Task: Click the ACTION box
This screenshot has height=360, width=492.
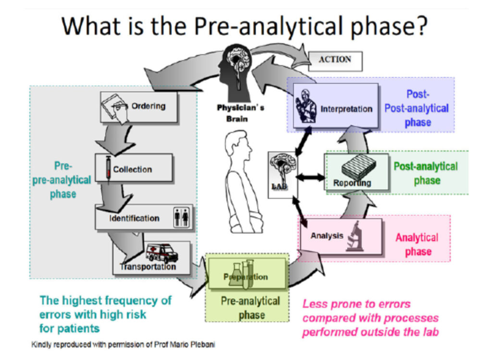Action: click(x=335, y=60)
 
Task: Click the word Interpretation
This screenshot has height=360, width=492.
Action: click(x=346, y=109)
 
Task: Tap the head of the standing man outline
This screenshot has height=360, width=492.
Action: click(x=240, y=146)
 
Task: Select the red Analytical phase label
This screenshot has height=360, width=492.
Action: click(x=417, y=244)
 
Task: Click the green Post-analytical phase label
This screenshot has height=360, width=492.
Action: click(x=426, y=173)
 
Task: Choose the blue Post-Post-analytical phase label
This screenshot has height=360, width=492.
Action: click(x=416, y=108)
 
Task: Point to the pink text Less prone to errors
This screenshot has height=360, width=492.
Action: click(x=356, y=304)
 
